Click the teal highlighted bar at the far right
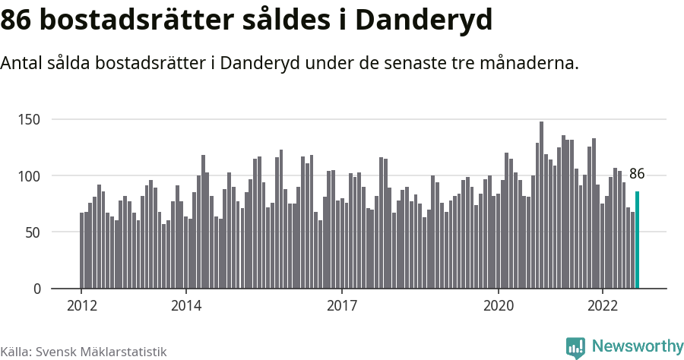(638, 240)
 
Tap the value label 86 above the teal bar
(637, 175)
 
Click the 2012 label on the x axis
(81, 306)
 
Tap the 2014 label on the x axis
(185, 306)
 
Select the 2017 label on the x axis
(342, 306)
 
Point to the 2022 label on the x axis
(602, 306)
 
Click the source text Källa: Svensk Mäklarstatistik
(84, 352)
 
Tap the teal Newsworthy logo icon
(575, 348)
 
